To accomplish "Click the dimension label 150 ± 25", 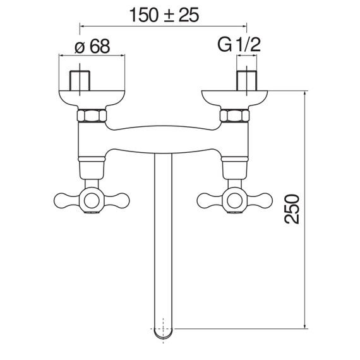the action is click(164, 15).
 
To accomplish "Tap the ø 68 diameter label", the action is click(92, 46).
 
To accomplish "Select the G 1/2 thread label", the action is click(239, 45).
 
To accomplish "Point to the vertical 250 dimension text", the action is click(292, 209).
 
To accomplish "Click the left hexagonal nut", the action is click(92, 116).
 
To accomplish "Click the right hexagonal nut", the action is click(234, 116).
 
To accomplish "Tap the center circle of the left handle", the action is click(92, 200).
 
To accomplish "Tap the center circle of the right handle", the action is click(235, 200).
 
